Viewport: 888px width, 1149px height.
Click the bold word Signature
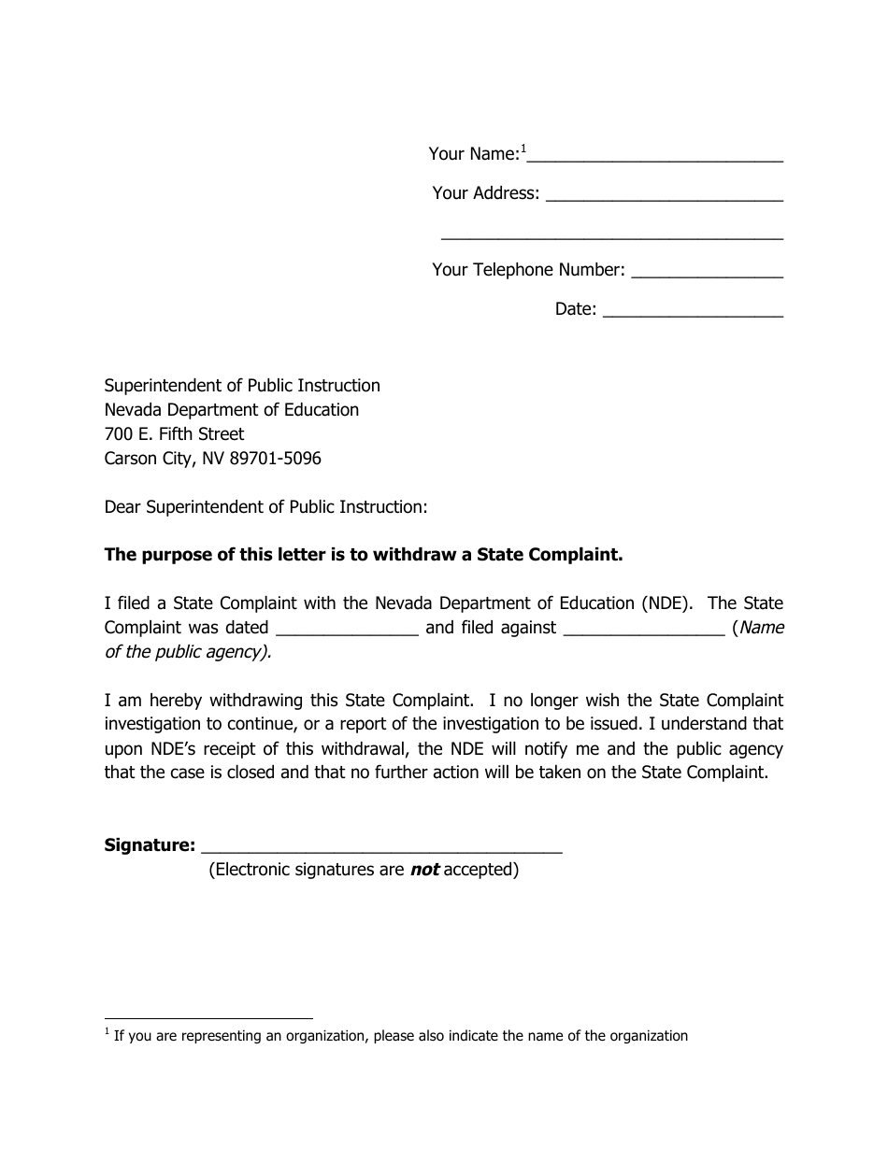pos(150,845)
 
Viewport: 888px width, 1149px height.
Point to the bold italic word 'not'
pos(424,870)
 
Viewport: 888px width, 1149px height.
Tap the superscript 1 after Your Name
pos(524,148)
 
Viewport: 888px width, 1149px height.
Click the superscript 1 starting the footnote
pos(107,1031)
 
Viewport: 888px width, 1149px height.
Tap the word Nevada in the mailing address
pos(133,410)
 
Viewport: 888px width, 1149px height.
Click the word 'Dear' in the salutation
pos(122,507)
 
